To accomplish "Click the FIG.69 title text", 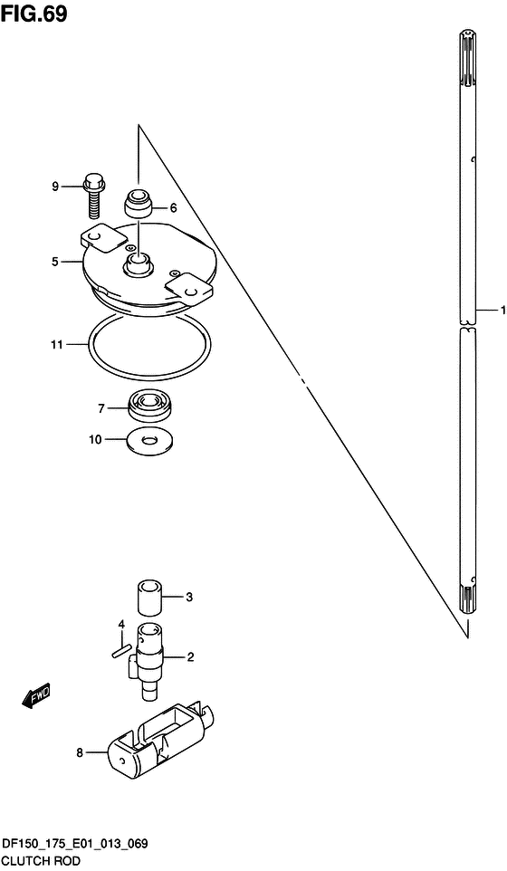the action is tap(34, 14).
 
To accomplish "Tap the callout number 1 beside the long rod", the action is tap(502, 310).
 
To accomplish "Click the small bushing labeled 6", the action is tap(139, 205).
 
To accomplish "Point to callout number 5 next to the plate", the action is tap(55, 262).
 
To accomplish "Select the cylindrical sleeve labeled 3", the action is tap(150, 598).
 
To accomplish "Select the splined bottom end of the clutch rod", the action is tap(469, 598).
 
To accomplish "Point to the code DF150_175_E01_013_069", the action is tap(75, 845).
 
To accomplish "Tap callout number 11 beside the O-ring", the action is tap(57, 345).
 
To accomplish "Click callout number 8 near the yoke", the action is tap(80, 753).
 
